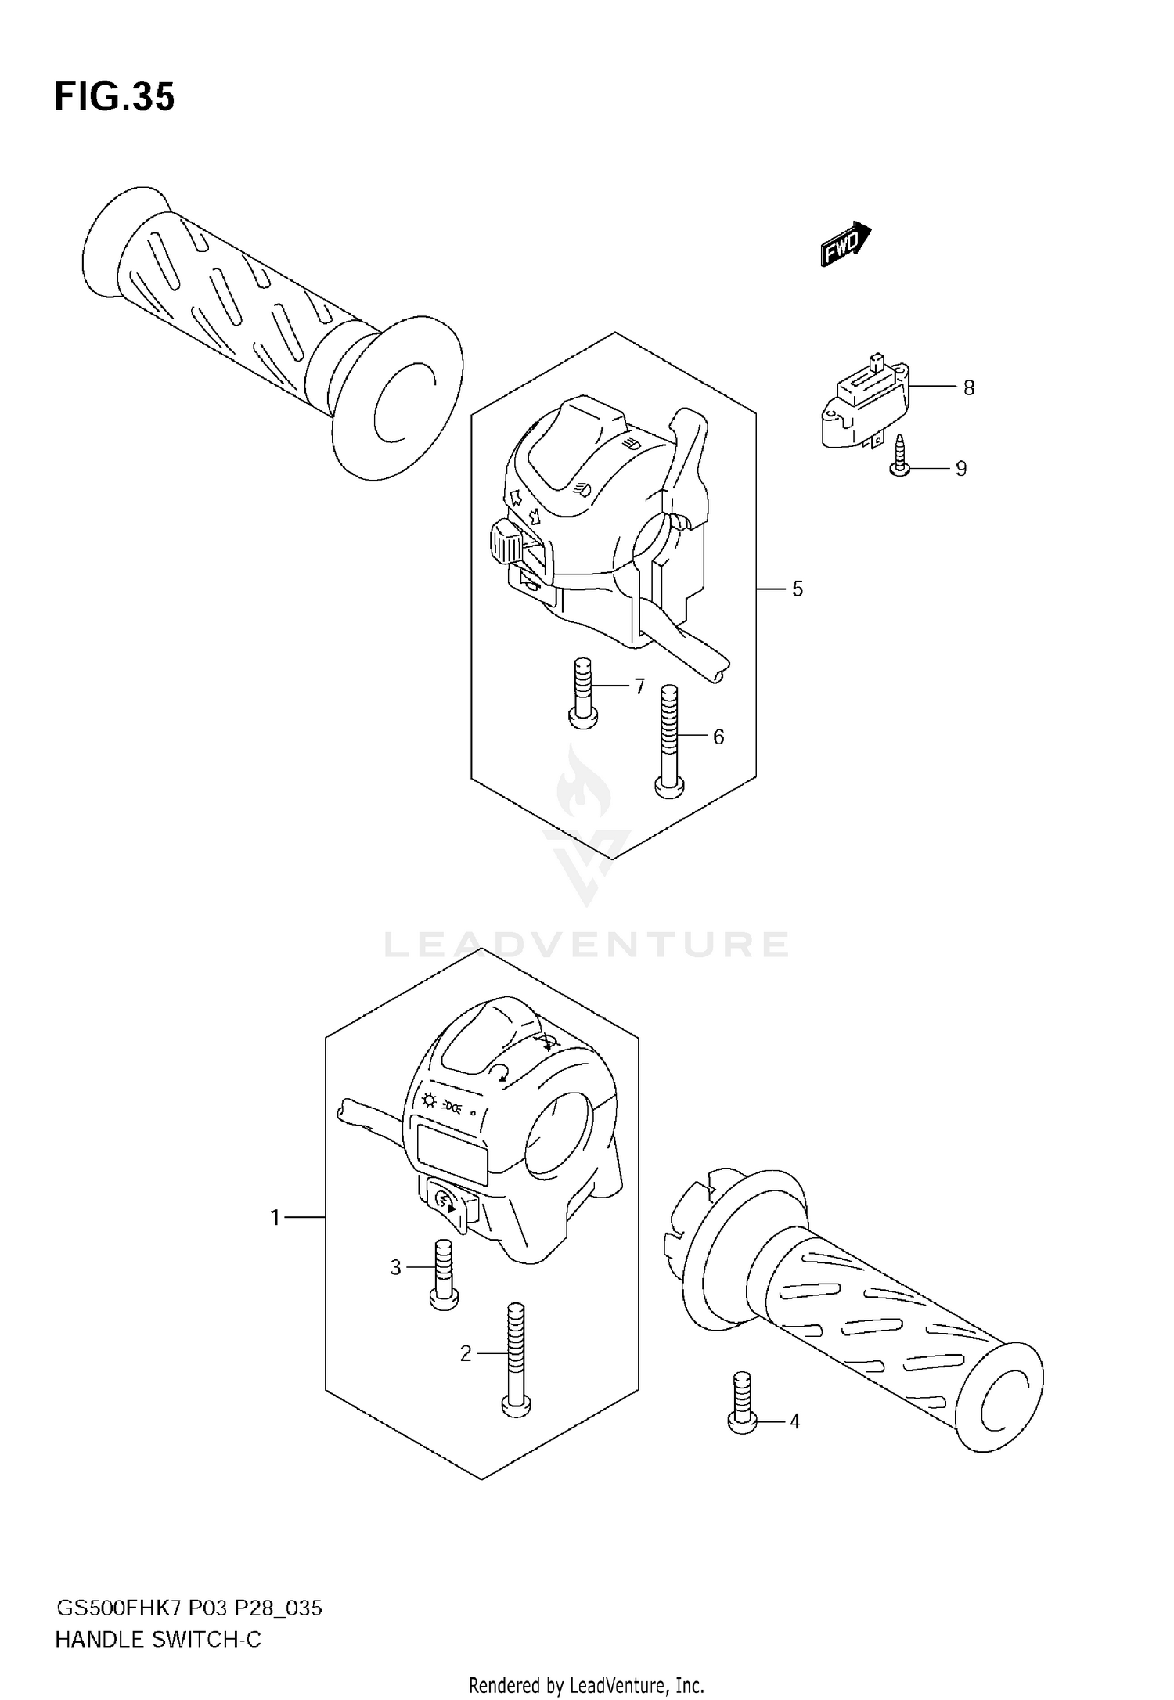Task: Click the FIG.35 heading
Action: click(x=114, y=97)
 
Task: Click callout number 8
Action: click(x=969, y=387)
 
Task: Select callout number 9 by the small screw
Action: click(x=961, y=468)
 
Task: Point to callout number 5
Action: click(x=797, y=589)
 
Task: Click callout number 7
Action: click(x=639, y=686)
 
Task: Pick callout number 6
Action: click(x=718, y=737)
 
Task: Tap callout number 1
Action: click(x=275, y=1217)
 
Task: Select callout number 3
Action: click(x=395, y=1266)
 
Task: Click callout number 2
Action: click(x=466, y=1353)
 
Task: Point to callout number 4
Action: click(x=794, y=1421)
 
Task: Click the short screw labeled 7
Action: click(x=582, y=693)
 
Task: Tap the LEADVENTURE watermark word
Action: click(x=586, y=945)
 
